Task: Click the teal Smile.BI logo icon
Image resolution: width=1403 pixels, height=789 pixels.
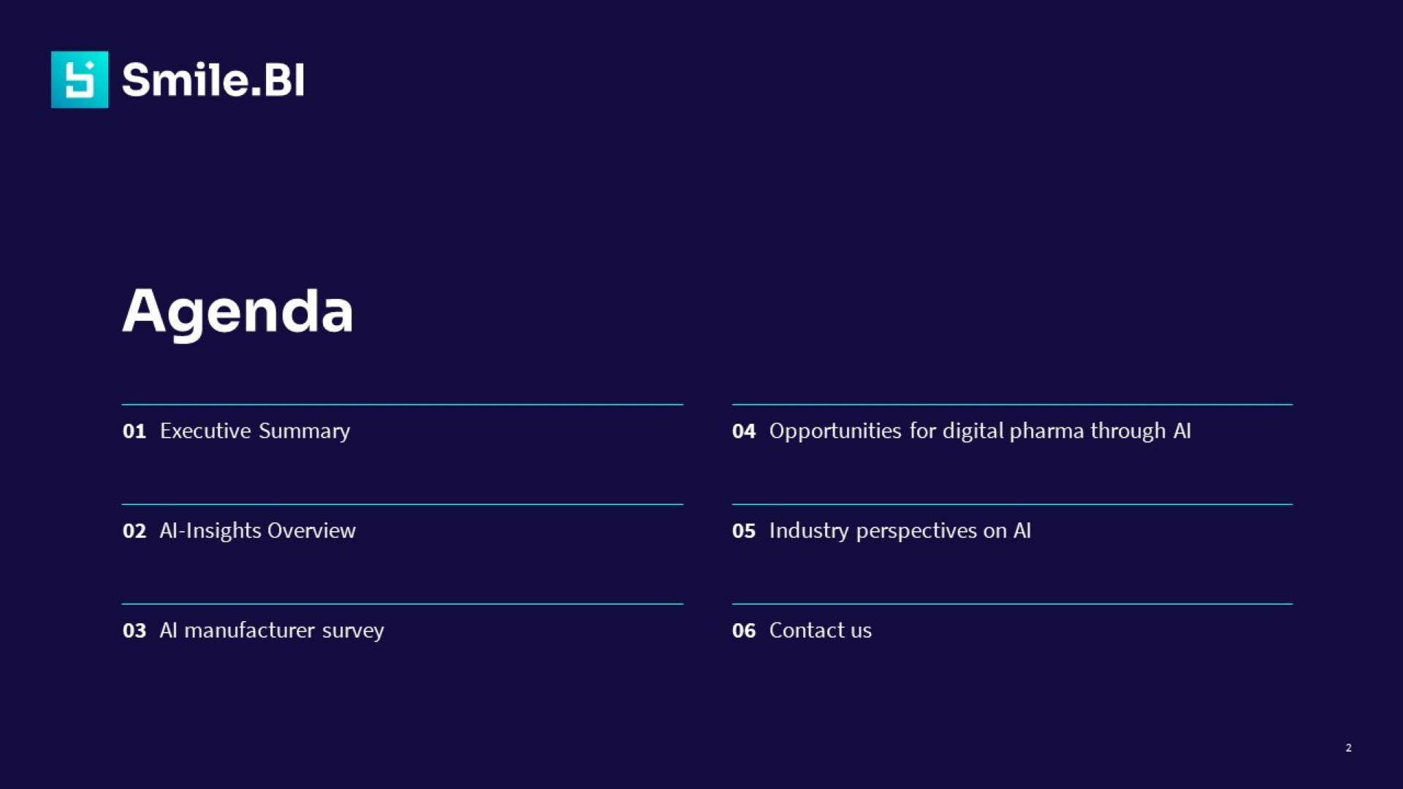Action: click(x=80, y=80)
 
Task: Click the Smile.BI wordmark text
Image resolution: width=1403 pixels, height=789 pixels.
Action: click(x=213, y=80)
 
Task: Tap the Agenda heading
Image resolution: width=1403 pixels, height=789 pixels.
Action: click(x=237, y=312)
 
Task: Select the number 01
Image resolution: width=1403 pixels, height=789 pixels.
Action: click(x=134, y=431)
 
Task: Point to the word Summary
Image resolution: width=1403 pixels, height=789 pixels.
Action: click(x=304, y=431)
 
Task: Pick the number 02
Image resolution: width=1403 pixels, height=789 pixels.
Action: click(x=134, y=531)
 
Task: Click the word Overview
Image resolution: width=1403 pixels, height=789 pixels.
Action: click(x=311, y=530)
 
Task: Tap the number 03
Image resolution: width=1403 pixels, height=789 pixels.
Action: click(x=134, y=630)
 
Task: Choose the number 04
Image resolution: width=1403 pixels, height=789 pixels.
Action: click(x=744, y=431)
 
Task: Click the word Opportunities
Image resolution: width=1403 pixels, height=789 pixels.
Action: click(x=835, y=431)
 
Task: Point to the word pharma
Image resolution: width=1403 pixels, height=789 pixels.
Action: click(x=1046, y=431)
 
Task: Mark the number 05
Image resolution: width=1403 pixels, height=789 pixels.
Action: click(x=744, y=531)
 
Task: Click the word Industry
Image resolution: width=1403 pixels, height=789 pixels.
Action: click(x=809, y=531)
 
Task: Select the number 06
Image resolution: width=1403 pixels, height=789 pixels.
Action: click(x=744, y=630)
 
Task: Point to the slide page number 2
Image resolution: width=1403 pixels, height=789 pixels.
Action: click(x=1348, y=747)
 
